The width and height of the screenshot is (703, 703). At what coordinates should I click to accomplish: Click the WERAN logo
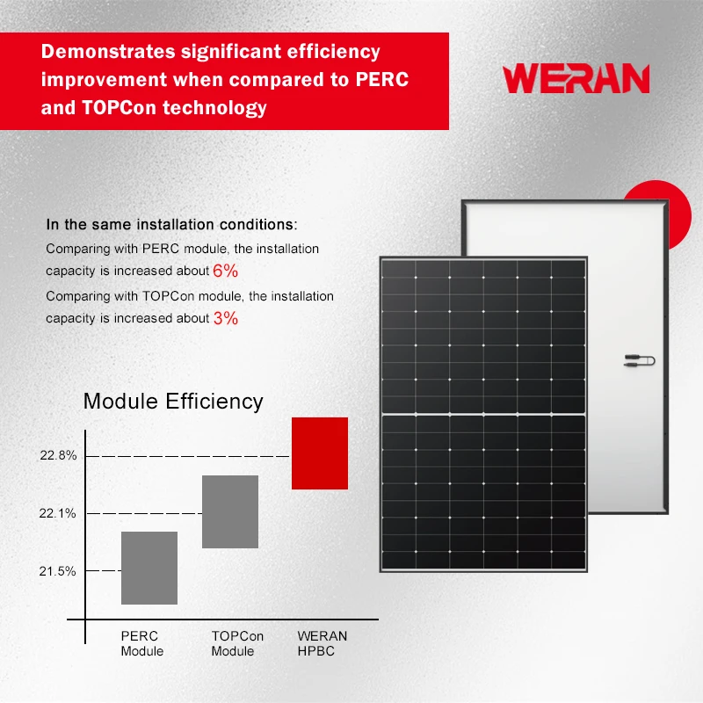[x=576, y=78]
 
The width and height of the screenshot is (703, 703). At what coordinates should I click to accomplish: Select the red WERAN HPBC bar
[x=320, y=453]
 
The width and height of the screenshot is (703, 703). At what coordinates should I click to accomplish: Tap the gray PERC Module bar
[x=149, y=568]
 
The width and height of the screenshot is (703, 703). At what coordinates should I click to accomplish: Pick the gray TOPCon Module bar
[x=230, y=511]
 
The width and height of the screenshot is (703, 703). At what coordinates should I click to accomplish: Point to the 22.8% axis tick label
[x=58, y=456]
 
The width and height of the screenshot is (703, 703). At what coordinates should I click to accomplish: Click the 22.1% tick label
[x=58, y=513]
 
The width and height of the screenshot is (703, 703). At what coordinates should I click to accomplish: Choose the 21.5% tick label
[x=58, y=571]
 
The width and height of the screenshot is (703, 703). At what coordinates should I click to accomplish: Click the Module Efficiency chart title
[x=173, y=402]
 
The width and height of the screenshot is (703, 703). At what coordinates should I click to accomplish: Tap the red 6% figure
[x=225, y=272]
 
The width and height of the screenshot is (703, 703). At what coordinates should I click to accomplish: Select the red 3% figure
[x=225, y=318]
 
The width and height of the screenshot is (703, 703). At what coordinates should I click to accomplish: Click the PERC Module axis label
[x=142, y=643]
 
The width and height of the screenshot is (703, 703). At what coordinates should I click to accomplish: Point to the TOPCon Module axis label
[x=237, y=643]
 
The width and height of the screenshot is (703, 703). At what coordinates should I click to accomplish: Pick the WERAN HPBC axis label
[x=323, y=643]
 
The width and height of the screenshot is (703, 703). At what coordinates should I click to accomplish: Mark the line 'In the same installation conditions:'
[x=171, y=224]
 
